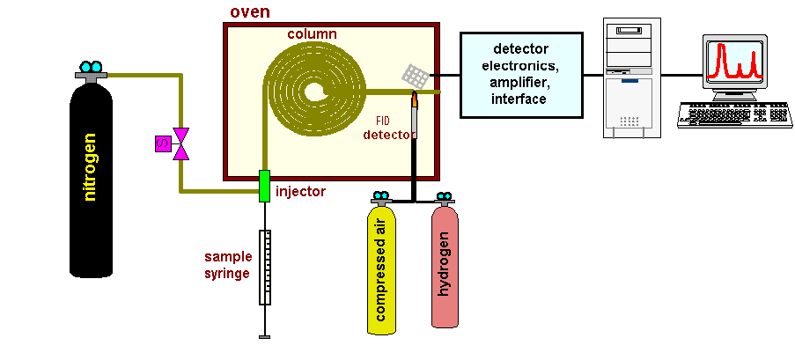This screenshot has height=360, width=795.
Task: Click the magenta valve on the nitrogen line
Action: [x=180, y=143]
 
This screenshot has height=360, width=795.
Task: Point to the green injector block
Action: [x=263, y=186]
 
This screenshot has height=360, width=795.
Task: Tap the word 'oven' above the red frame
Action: [x=250, y=11]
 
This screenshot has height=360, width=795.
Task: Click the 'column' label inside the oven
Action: [x=312, y=34]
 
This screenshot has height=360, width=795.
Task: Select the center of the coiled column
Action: [x=313, y=91]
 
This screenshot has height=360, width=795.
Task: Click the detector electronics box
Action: [x=521, y=75]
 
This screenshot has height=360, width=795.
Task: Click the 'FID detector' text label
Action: [x=388, y=129]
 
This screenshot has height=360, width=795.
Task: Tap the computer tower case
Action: [x=631, y=79]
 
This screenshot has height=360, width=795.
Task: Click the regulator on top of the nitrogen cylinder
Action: [x=90, y=70]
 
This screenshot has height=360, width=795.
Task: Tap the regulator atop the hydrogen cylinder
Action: [x=444, y=200]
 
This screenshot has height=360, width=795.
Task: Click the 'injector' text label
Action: [x=300, y=191]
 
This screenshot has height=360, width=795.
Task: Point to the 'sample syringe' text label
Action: [x=228, y=265]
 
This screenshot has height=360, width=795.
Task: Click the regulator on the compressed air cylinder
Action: [x=381, y=200]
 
